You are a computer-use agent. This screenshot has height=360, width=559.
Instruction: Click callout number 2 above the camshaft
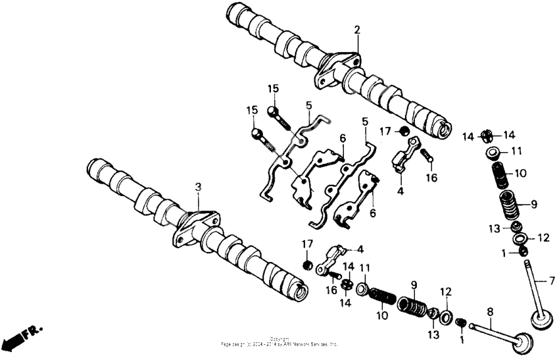pyautogui.click(x=357, y=30)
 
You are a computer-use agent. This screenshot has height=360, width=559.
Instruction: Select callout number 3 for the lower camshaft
pyautogui.click(x=197, y=188)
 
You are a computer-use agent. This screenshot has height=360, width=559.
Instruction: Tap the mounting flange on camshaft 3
pyautogui.click(x=197, y=226)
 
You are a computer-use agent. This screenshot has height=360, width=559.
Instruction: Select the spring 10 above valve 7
pyautogui.click(x=503, y=175)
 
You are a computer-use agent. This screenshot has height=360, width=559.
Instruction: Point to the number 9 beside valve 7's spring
pyautogui.click(x=533, y=203)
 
